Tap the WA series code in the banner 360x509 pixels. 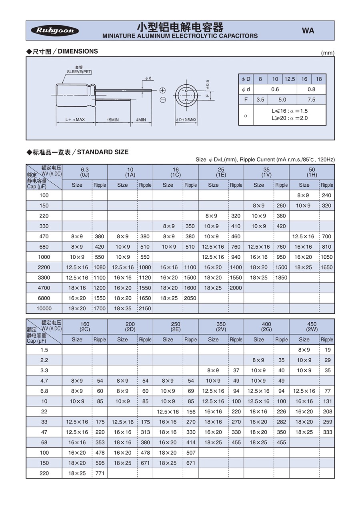pos(308,31)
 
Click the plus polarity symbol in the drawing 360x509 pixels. pos(163,90)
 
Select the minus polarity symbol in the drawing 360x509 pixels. pos(163,100)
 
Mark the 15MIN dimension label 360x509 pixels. pos(112,120)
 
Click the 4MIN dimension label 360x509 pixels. pos(141,120)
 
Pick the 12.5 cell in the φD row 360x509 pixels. pos(290,79)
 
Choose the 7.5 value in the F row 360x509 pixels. pos(311,100)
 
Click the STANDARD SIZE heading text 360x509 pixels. pos(103,152)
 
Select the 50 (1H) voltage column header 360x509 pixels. pos(312,172)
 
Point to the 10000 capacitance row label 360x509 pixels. pos(44,308)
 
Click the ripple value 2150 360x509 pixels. pos(145,308)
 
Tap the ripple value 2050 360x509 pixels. pos(190,298)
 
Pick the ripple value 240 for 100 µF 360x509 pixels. pos(326,195)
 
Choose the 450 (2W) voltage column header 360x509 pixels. pos(312,326)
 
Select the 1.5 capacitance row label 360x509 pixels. pos(44,349)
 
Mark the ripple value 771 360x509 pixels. pos(100,473)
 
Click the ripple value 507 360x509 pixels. pos(190,453)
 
